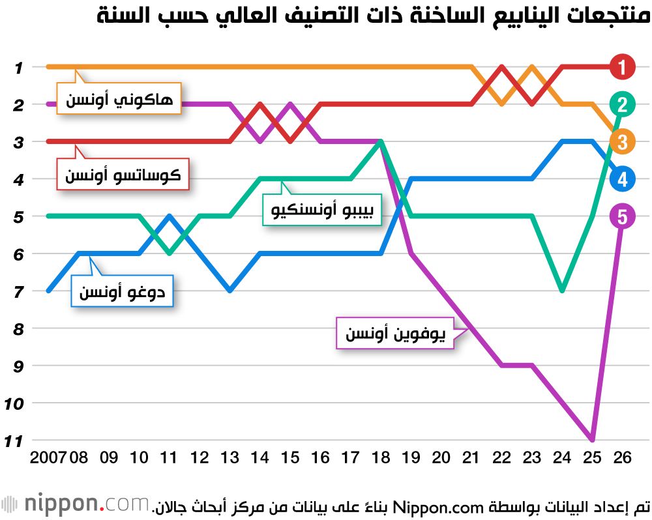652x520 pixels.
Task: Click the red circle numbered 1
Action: (623, 66)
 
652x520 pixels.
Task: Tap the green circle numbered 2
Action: (623, 104)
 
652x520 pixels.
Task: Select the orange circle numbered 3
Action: (623, 141)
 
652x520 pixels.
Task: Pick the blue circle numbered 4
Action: (623, 179)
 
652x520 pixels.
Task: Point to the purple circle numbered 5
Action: (623, 216)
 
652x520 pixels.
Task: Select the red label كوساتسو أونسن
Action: (123, 175)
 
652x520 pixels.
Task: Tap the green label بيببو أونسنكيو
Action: (322, 210)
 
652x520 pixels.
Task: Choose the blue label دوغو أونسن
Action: (122, 292)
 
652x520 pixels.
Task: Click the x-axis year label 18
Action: (381, 458)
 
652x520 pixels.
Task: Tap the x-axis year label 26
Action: (623, 458)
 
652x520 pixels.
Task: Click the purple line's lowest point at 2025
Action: (592, 440)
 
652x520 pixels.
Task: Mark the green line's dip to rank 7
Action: (562, 291)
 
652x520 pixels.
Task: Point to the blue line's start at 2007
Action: (49, 291)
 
